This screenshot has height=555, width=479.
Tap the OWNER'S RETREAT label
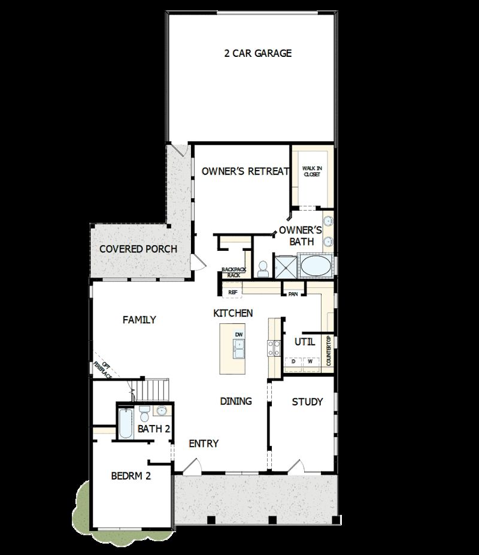tap(245, 171)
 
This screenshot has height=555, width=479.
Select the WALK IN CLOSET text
tap(311, 171)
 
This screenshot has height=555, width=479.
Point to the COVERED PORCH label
tap(138, 248)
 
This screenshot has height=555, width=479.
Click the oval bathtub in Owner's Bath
tap(314, 265)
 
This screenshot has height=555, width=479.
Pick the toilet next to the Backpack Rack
tap(262, 269)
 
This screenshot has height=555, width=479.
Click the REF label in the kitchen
tap(233, 293)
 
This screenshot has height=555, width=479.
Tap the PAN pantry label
tap(293, 294)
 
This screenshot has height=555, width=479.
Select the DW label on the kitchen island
tap(239, 334)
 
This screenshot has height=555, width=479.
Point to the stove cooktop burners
tap(274, 348)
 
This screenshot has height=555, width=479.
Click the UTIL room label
tap(305, 342)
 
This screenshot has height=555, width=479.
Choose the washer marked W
tap(310, 362)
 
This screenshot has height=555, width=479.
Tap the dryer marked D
tap(293, 362)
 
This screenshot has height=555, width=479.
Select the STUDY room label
tap(307, 401)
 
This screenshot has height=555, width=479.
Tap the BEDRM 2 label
tap(131, 477)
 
